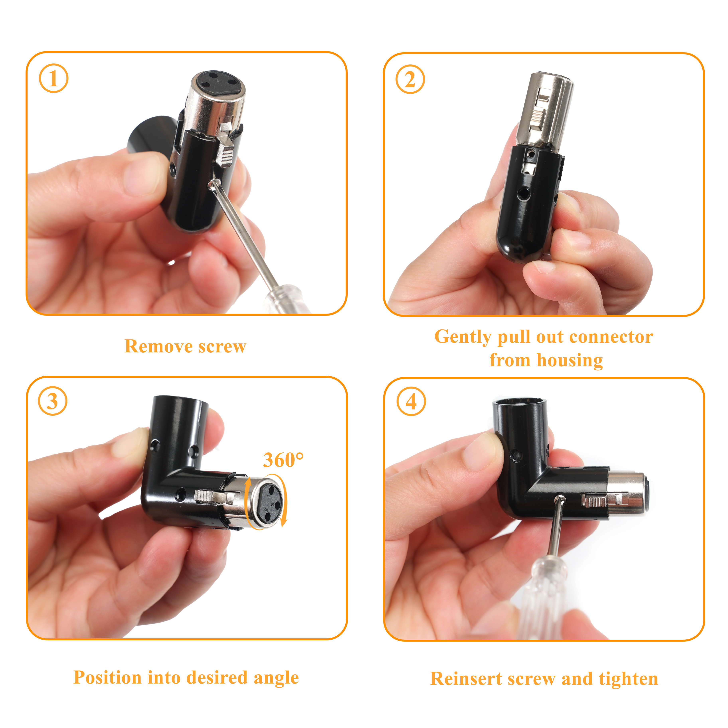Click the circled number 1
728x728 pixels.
53,78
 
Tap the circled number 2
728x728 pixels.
410,79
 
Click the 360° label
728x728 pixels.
283,460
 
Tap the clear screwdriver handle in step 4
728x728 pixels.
543,599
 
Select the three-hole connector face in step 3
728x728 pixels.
269,502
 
